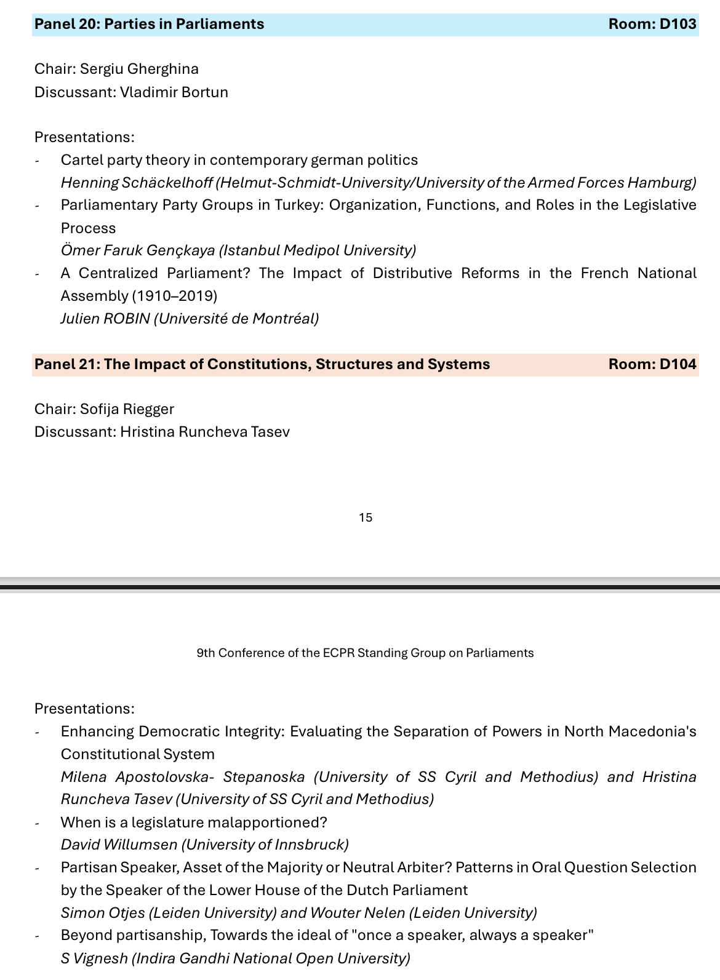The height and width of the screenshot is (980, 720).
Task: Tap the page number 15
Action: [x=366, y=517]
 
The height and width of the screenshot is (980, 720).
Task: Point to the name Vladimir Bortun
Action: [x=174, y=92]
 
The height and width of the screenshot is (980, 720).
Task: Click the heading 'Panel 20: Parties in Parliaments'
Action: [x=150, y=24]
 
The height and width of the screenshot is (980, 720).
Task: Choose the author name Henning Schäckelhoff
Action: [x=137, y=183]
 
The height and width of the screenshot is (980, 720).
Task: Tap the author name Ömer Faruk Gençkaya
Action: [x=138, y=250]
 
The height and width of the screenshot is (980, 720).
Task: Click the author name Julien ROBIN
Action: [x=105, y=319]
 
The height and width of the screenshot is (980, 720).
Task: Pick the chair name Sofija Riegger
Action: [x=127, y=409]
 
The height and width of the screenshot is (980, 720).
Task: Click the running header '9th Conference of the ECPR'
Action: [x=365, y=653]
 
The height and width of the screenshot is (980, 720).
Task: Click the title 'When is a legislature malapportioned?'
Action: [x=194, y=823]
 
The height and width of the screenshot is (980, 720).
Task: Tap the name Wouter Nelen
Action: [x=356, y=913]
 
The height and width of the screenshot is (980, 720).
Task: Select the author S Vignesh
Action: [x=94, y=958]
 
